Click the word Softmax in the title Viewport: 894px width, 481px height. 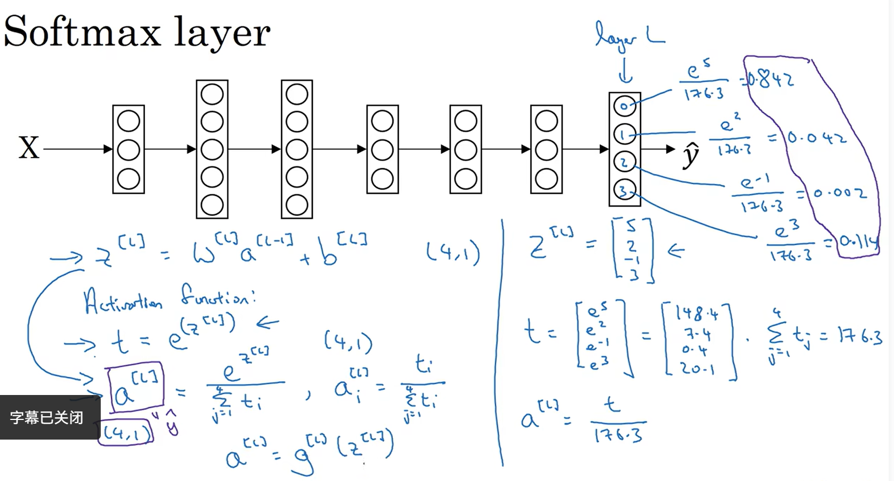[x=82, y=32]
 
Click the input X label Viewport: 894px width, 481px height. [x=29, y=148]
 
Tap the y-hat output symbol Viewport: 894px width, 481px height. [x=691, y=154]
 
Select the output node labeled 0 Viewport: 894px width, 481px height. [x=624, y=106]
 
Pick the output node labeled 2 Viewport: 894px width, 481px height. [x=624, y=162]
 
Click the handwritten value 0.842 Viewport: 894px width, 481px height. [x=772, y=80]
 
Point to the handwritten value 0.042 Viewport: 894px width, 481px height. [x=817, y=138]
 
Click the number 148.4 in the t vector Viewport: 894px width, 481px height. [x=697, y=314]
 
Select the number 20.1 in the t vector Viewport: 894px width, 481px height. [x=697, y=367]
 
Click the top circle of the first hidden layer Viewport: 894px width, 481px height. [x=128, y=121]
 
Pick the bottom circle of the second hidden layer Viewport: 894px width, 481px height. [x=212, y=204]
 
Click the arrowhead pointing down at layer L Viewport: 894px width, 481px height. [x=626, y=80]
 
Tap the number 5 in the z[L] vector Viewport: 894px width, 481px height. [x=631, y=227]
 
